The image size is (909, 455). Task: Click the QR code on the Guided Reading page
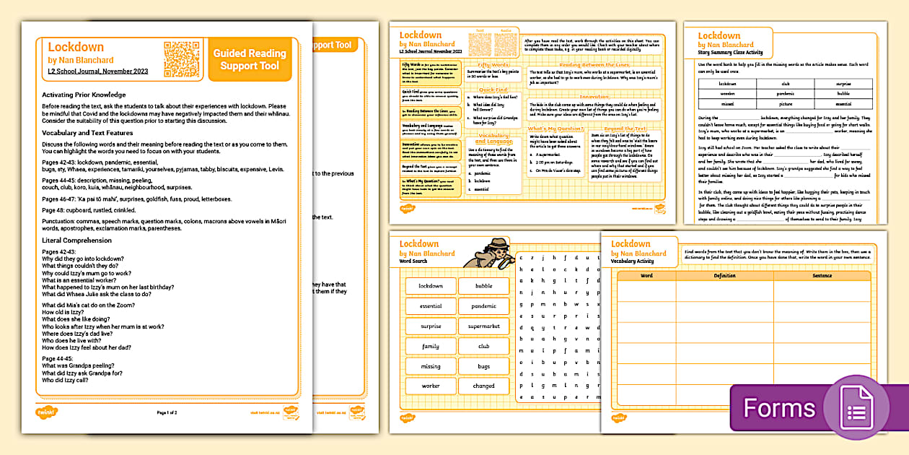coord(181,58)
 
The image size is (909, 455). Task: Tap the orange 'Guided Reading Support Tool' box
coord(249,59)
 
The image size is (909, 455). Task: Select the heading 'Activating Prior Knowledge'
coord(84,95)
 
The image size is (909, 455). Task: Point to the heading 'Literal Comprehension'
coord(76,240)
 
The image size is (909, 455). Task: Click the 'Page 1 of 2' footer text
coord(167,412)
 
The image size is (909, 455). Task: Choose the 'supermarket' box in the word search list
coord(483,326)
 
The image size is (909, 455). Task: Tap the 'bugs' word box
coord(483,366)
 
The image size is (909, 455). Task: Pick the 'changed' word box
coord(483,386)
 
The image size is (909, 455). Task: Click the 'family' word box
coord(431,346)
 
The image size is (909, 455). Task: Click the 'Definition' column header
coord(724,276)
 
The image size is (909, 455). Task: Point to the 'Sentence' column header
coord(821,276)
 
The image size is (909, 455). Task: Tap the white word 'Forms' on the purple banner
coord(779,408)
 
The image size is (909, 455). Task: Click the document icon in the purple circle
coord(856,410)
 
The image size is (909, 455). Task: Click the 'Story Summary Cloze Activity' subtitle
coord(729,53)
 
